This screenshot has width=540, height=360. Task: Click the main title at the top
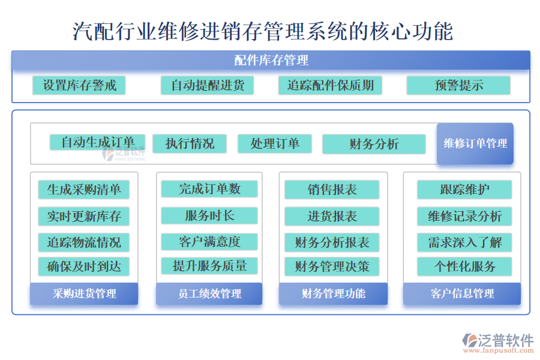pos(263,31)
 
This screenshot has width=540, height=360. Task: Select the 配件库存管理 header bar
pos(271,60)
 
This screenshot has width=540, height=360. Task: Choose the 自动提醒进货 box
pos(207,85)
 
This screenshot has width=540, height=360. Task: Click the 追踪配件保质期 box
pos(330,85)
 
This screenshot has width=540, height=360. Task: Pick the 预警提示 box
pos(458,85)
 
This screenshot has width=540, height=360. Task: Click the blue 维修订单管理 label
pos(475,143)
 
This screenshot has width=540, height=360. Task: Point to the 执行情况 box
pos(190,143)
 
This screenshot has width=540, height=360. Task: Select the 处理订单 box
pos(275,143)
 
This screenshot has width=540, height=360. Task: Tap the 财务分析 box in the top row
pos(373,144)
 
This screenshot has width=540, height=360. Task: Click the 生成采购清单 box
pos(83,190)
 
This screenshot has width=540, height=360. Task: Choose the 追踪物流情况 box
pos(83,242)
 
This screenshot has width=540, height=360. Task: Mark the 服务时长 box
pos(209,215)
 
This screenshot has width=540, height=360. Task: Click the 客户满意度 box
pos(209,242)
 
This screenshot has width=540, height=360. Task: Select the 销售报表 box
pos(332,190)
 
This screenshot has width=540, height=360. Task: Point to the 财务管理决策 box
pos(332,266)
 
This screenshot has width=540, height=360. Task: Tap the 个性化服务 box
pos(464,266)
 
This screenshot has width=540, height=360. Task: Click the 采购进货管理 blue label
pos(84,293)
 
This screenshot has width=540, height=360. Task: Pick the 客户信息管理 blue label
pos(461,293)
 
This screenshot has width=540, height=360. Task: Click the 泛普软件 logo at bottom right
pos(498,343)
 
